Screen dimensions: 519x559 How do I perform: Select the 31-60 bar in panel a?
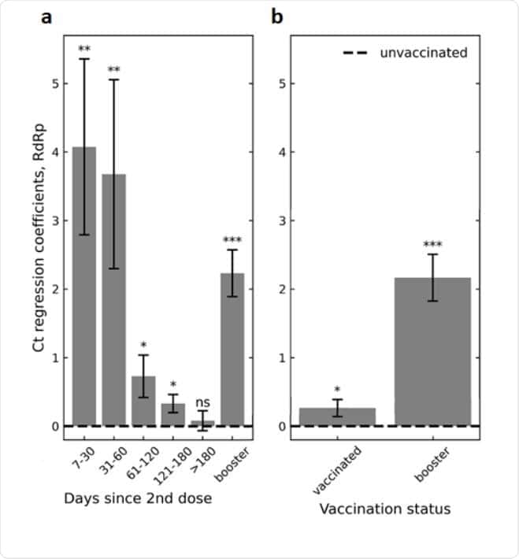point(113,300)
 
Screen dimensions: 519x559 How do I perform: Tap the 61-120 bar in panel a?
point(143,401)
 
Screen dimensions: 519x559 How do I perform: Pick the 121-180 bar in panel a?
point(173,415)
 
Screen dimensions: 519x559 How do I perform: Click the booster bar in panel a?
point(232,350)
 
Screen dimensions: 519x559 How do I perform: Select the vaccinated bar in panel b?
point(337,417)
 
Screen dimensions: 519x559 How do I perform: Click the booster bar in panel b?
point(432,352)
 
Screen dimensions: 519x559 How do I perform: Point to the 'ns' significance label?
point(202,403)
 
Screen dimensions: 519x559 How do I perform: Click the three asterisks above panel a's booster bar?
point(232,240)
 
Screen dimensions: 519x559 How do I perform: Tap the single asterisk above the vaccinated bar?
point(337,389)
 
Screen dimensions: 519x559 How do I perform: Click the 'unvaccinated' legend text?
point(424,53)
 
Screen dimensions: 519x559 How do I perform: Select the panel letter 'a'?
point(46,17)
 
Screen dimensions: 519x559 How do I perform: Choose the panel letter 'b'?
point(277,17)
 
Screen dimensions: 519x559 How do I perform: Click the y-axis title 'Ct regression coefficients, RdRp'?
point(39,238)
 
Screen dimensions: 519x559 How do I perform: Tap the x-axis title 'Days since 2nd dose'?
point(138,498)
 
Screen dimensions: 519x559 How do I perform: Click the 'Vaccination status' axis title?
point(385,509)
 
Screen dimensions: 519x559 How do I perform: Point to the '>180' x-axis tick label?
point(203,461)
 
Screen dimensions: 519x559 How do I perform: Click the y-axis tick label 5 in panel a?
point(55,83)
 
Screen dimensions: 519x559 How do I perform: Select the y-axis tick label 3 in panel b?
point(282,220)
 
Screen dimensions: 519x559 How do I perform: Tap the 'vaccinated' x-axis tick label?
point(337,470)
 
